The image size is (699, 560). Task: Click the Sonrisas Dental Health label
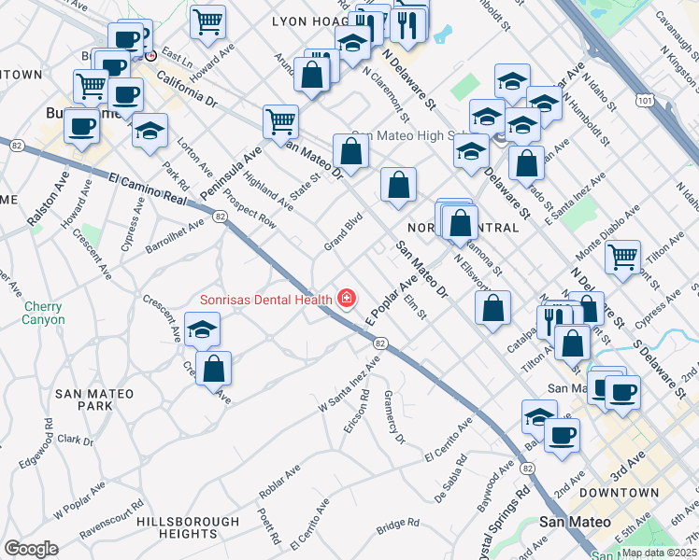click(x=266, y=300)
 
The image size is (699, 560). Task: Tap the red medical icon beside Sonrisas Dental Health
click(x=347, y=299)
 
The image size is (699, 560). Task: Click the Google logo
click(x=31, y=549)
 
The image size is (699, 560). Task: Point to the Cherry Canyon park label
click(x=44, y=313)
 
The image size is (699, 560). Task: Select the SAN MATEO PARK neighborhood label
click(x=96, y=399)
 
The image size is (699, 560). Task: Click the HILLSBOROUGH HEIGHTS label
click(x=182, y=527)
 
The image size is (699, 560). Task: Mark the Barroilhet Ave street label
click(x=175, y=237)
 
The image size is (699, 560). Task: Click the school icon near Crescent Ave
click(x=201, y=330)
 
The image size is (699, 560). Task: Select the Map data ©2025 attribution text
click(x=658, y=553)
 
